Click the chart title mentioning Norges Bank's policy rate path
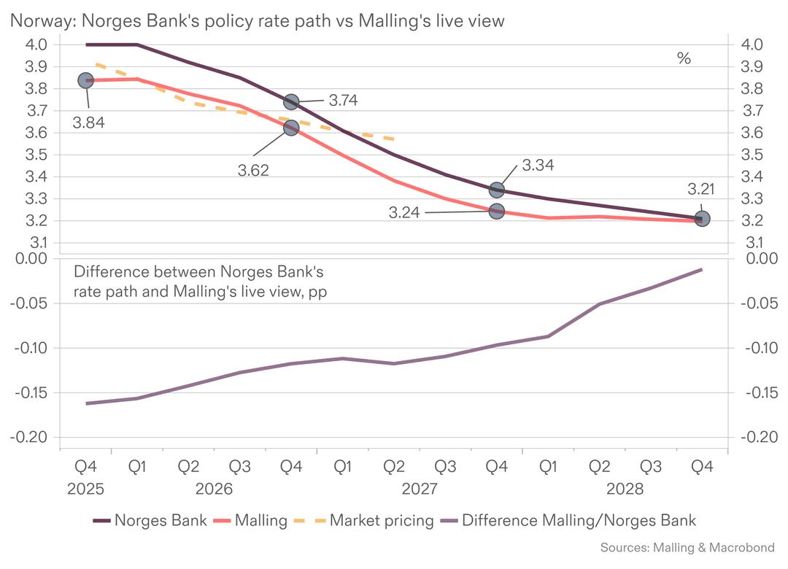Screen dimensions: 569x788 click(256, 21)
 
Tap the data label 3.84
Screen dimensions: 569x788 click(88, 123)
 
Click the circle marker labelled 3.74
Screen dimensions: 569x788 click(291, 102)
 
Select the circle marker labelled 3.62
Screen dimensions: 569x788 click(291, 128)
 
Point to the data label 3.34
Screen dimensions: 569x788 click(538, 166)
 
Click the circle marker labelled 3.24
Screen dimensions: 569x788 click(496, 211)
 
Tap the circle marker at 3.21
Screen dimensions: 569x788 click(702, 218)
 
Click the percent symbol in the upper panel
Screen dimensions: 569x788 click(684, 59)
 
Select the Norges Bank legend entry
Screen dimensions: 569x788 click(150, 521)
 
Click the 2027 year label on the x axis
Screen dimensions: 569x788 click(419, 488)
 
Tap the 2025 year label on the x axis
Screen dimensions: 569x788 click(86, 488)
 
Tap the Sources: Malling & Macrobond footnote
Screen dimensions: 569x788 click(687, 547)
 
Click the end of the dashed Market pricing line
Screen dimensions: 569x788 click(394, 139)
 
